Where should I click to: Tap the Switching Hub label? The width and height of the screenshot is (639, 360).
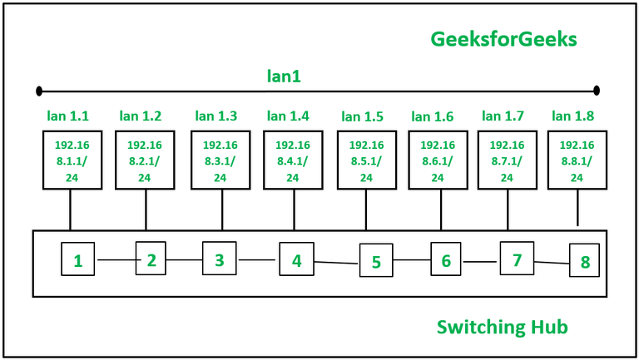tap(502, 327)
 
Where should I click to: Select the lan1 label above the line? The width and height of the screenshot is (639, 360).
tap(283, 76)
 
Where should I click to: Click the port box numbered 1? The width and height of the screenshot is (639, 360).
tap(78, 260)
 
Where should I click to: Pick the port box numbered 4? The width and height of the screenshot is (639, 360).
tap(295, 259)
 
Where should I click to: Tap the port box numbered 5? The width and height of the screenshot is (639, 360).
tap(375, 261)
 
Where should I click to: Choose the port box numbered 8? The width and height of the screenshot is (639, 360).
tap(584, 261)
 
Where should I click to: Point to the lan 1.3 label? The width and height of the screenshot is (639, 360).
tap(215, 116)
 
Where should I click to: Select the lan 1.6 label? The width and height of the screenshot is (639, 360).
tap(432, 116)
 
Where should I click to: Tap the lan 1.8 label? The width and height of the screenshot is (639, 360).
tap(572, 116)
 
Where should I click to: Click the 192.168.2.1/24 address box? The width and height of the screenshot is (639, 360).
tap(145, 160)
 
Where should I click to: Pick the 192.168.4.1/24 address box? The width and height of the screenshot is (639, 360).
tap(293, 160)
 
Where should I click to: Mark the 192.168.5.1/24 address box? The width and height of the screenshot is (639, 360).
tap(366, 160)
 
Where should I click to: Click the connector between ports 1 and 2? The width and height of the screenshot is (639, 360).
tap(116, 260)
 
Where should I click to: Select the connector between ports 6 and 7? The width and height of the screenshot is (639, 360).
tap(481, 261)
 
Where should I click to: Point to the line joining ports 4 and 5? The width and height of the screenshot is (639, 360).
tap(335, 263)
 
